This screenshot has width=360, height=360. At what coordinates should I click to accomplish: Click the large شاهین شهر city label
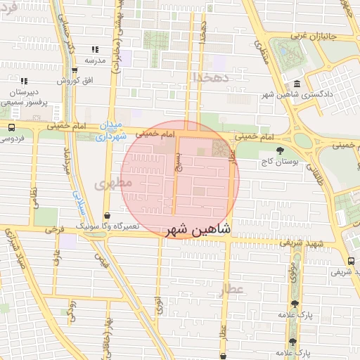(200, 230)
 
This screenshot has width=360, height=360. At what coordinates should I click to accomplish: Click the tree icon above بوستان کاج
(281, 150)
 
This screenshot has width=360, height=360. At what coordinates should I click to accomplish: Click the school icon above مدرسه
(95, 50)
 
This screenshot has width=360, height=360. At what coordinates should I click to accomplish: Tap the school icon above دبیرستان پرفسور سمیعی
(24, 82)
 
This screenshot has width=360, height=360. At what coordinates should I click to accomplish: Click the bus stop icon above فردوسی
(12, 128)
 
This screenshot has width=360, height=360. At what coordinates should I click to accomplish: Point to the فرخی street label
(53, 230)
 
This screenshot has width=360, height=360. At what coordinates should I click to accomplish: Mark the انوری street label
(160, 307)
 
